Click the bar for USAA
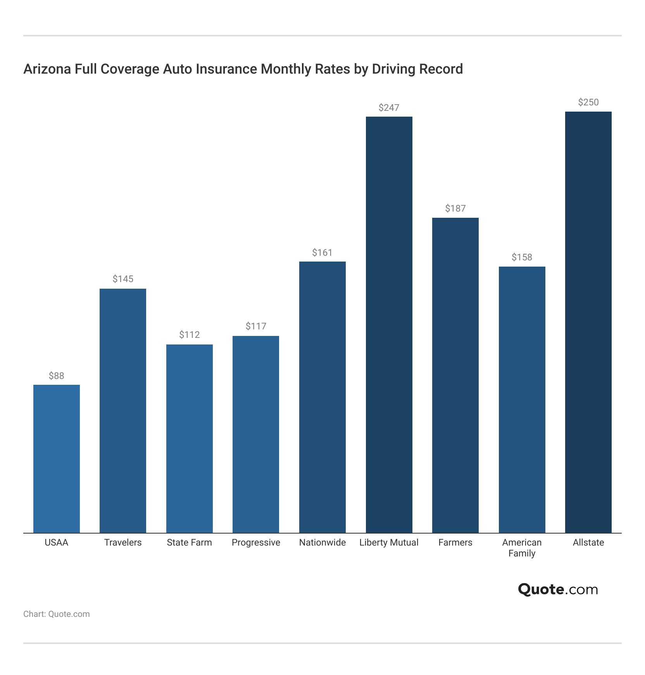pyautogui.click(x=57, y=459)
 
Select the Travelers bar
pyautogui.click(x=123, y=411)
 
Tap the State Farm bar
pyautogui.click(x=190, y=439)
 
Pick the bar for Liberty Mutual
pyautogui.click(x=389, y=325)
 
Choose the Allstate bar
pyautogui.click(x=588, y=322)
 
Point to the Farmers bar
pyautogui.click(x=455, y=375)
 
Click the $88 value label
pyautogui.click(x=57, y=376)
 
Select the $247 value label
pyautogui.click(x=389, y=108)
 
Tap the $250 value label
pyautogui.click(x=588, y=102)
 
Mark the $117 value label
pyautogui.click(x=256, y=326)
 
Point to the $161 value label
pyautogui.click(x=322, y=253)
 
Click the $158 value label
pyautogui.click(x=522, y=257)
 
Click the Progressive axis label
pyautogui.click(x=256, y=542)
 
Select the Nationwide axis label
pyautogui.click(x=322, y=542)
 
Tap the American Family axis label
pyautogui.click(x=522, y=548)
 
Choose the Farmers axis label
pyautogui.click(x=455, y=542)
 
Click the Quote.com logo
pyautogui.click(x=558, y=589)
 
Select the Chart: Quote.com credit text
pyautogui.click(x=57, y=614)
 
